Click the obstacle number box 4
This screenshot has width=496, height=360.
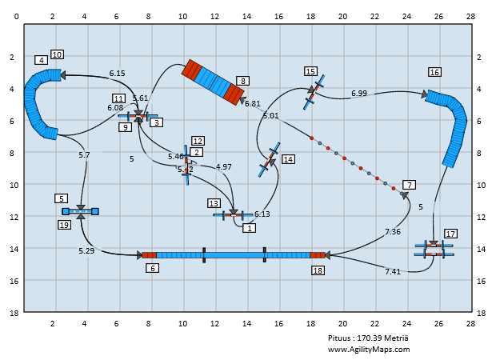[x=41, y=60]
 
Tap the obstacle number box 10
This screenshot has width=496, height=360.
[x=57, y=54]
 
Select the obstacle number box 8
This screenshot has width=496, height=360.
[x=242, y=81]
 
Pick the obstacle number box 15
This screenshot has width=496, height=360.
[x=310, y=71]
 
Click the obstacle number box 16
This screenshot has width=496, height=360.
[x=434, y=71]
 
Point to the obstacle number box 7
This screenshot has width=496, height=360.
[x=409, y=185]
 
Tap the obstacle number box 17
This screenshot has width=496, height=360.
[x=451, y=234]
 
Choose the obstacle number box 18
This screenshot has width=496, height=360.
[x=318, y=271]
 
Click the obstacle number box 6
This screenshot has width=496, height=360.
[x=152, y=268]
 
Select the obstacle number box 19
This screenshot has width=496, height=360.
[x=65, y=225]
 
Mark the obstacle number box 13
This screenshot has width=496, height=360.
[x=214, y=203]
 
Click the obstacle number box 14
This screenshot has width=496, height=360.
[x=288, y=159]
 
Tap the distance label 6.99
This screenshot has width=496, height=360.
[x=359, y=94]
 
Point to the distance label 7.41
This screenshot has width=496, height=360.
[x=393, y=272]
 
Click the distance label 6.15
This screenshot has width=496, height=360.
[x=118, y=73]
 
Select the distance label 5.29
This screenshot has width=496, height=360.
[x=86, y=251]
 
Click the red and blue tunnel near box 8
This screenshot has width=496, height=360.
[x=213, y=82]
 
